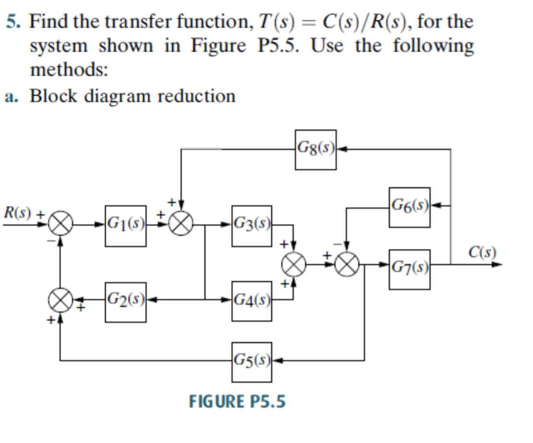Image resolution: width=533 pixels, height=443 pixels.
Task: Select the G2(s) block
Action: pyautogui.click(x=126, y=302)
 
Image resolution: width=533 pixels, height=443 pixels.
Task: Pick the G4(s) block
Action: pyautogui.click(x=252, y=302)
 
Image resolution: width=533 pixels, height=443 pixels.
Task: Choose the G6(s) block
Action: pyautogui.click(x=410, y=207)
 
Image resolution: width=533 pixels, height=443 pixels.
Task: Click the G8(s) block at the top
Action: pyautogui.click(x=315, y=149)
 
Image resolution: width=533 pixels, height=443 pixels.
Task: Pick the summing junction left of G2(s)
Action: pyautogui.click(x=60, y=301)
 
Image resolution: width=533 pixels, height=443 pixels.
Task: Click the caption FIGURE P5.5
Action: pyautogui.click(x=237, y=401)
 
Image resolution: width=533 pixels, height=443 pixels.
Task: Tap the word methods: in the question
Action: pyautogui.click(x=69, y=71)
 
